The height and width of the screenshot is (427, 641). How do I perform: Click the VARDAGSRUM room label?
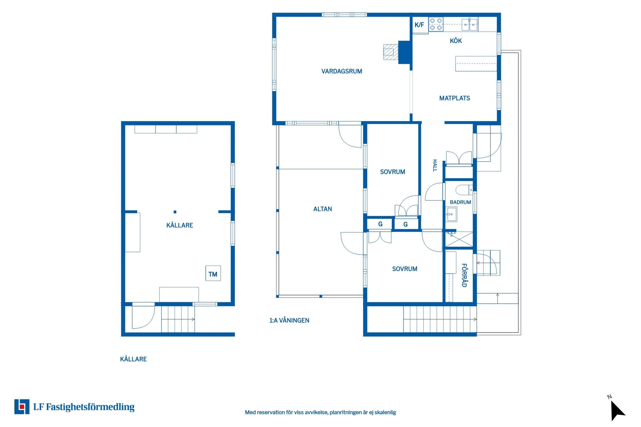(342, 71)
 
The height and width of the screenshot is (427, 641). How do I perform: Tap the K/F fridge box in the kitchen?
(420, 25)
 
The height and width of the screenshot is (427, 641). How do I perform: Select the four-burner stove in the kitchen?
(436, 24)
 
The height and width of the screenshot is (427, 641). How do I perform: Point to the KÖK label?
(456, 41)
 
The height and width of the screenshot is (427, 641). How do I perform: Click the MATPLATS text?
(454, 98)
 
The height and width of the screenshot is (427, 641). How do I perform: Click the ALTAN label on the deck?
(323, 209)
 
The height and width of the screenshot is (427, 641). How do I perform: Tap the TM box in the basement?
(213, 274)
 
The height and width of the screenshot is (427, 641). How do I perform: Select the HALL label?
(435, 165)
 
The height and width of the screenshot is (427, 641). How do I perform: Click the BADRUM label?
(460, 202)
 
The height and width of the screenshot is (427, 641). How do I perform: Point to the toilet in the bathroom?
(464, 190)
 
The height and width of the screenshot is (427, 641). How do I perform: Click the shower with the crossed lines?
(459, 239)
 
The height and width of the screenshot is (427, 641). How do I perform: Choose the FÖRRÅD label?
(464, 275)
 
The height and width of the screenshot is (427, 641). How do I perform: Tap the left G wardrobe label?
(380, 224)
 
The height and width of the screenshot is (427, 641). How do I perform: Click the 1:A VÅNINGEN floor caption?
(289, 320)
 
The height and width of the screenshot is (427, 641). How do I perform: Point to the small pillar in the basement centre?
(175, 212)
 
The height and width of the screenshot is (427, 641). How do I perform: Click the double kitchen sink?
(470, 24)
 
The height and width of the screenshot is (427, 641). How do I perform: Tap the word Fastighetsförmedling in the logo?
(90, 407)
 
